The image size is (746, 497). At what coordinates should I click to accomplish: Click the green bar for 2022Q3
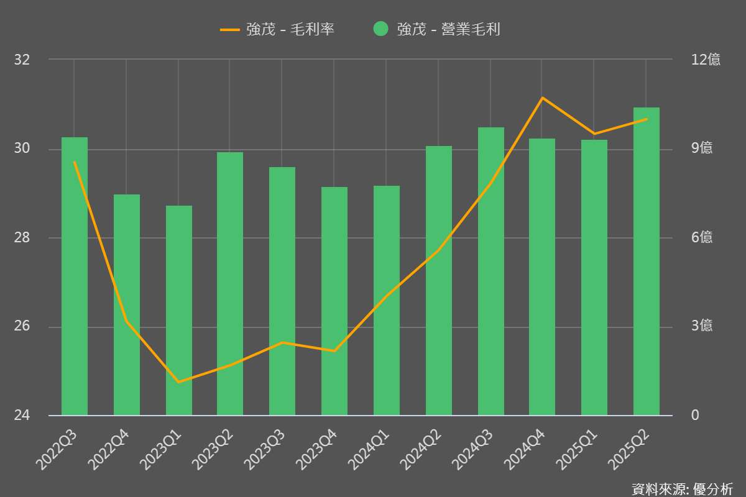tap(75, 276)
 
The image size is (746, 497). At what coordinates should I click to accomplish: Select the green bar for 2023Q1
tap(179, 311)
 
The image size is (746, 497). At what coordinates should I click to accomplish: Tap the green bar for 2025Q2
tap(647, 262)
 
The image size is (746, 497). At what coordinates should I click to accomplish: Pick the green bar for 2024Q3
tap(491, 271)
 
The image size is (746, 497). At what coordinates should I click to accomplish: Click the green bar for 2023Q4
tap(334, 301)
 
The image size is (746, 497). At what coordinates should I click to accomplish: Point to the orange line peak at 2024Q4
tap(542, 98)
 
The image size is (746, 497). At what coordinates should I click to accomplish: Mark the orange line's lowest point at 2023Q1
tap(179, 381)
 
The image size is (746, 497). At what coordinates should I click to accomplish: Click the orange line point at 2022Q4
tap(127, 321)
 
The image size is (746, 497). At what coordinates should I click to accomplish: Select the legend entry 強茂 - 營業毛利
tap(448, 29)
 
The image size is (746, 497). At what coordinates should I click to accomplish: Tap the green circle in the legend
tap(381, 29)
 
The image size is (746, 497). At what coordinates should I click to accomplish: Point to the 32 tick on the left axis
tap(22, 60)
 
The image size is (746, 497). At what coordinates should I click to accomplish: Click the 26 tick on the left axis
tap(22, 327)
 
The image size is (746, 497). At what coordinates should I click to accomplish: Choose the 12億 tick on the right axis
tap(706, 60)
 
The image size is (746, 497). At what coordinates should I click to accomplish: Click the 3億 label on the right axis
tap(702, 327)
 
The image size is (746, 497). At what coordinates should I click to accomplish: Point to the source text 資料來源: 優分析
tap(682, 488)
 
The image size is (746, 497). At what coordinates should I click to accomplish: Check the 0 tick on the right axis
tap(694, 416)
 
